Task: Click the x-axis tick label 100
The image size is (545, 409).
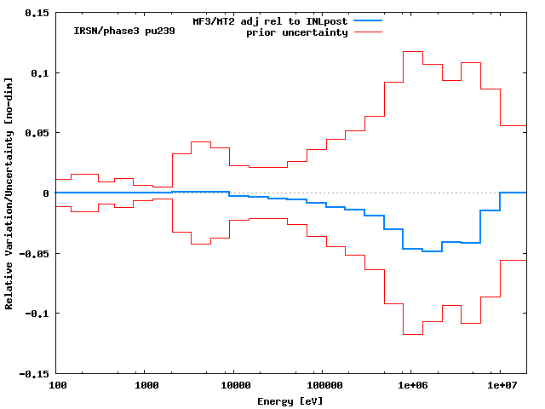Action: point(57,387)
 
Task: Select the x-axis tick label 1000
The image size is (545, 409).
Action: point(146,387)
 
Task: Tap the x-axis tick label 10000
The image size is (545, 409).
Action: point(235,387)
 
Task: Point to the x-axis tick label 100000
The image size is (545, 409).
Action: point(324,387)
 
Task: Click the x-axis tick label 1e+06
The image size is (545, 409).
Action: point(412,387)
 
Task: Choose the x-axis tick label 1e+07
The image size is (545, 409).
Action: point(501,387)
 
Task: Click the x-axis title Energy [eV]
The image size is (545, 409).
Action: point(290,400)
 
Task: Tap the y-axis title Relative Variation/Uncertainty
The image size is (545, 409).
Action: point(9,193)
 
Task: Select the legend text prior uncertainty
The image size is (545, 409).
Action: point(297,32)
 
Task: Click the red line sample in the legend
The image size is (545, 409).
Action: point(368,32)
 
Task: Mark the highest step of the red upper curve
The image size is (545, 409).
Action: point(412,51)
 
